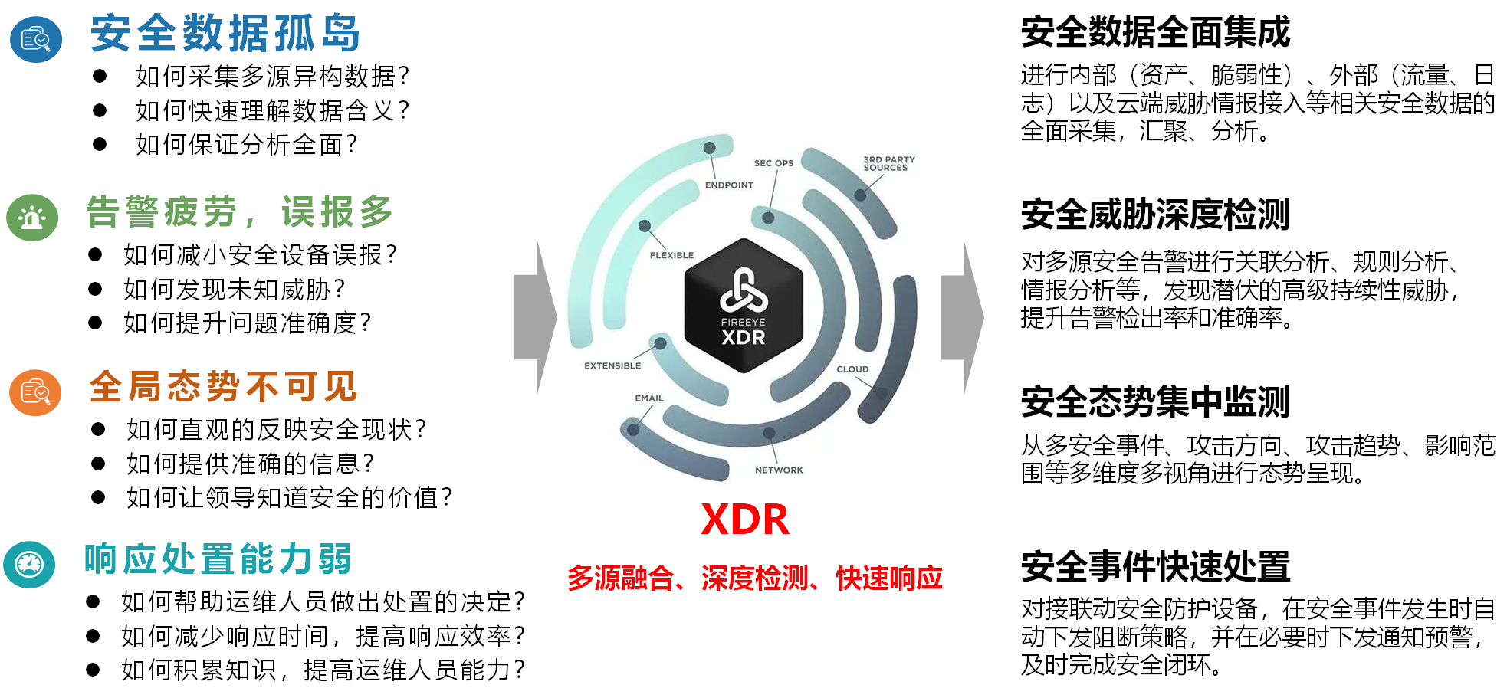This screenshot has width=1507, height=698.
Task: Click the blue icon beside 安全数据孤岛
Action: (36, 39)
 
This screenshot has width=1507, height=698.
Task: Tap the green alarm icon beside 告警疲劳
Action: (32, 218)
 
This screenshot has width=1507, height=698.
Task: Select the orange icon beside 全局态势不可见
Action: (35, 392)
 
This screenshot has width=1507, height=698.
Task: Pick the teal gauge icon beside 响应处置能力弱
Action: (29, 565)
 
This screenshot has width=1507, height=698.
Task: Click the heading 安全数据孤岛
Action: (225, 34)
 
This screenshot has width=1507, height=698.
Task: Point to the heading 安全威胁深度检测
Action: (1155, 215)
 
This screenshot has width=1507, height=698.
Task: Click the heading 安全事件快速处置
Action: (1155, 567)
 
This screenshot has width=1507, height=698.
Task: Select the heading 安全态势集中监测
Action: (1155, 401)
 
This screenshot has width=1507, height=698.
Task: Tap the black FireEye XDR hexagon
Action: (743, 306)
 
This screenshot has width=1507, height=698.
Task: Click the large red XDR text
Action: (744, 519)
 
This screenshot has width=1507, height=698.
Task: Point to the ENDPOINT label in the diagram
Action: (729, 185)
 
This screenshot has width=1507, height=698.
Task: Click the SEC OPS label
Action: (773, 163)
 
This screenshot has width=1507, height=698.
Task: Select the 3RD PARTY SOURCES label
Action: (888, 164)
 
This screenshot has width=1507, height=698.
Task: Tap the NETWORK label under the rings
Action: (779, 470)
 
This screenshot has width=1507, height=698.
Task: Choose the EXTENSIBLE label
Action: (612, 366)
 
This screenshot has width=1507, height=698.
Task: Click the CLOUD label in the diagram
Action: (852, 369)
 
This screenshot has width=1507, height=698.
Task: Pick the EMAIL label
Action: (649, 398)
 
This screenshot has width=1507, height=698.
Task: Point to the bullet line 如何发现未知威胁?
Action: (234, 290)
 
